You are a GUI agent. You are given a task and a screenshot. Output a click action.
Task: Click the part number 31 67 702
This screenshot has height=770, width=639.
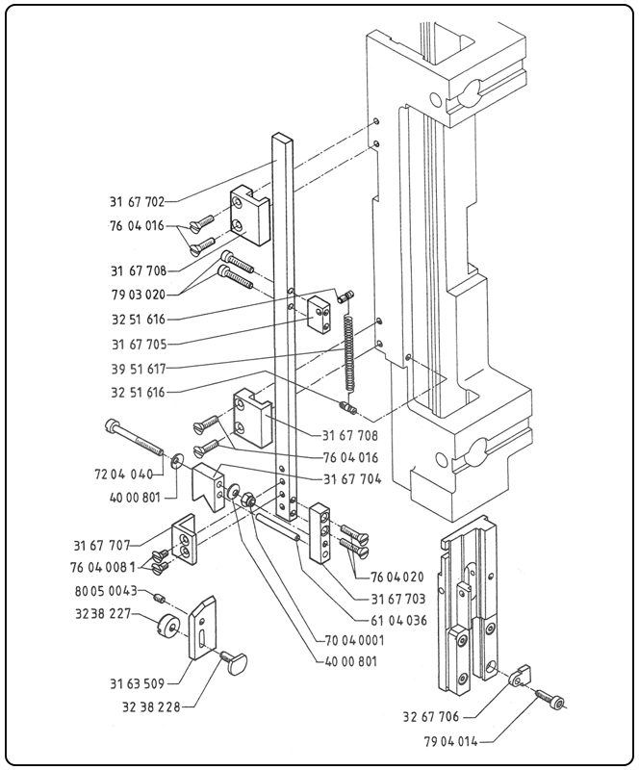[x=137, y=202]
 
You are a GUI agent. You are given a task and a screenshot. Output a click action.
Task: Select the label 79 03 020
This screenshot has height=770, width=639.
[x=137, y=294]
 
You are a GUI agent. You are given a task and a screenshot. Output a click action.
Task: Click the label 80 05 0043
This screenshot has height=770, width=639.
[x=107, y=591]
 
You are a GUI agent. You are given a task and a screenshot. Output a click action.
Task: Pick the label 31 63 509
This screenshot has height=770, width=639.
[x=138, y=684]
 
